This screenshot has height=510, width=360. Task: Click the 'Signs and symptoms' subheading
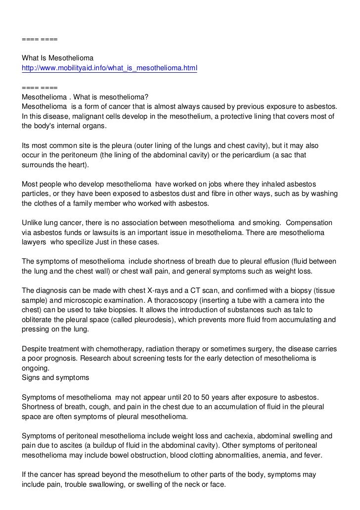(x=55, y=377)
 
